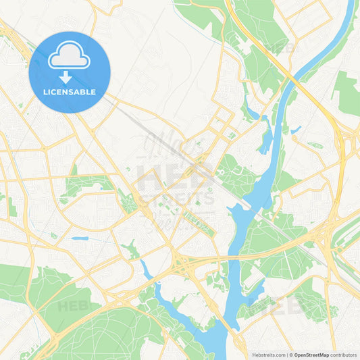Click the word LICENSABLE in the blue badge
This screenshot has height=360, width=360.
[x=70, y=91]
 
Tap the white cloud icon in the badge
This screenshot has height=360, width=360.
[x=69, y=57]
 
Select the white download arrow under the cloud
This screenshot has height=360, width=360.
[x=66, y=76]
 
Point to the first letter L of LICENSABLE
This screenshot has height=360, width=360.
[x=44, y=91]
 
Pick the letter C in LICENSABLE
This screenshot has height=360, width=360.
[x=55, y=91]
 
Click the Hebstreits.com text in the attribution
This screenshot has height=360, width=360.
[x=269, y=355]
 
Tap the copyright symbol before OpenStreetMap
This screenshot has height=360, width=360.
[x=291, y=355]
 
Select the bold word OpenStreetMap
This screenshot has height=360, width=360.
[x=311, y=355]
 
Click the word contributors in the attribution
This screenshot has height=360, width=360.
[x=344, y=355]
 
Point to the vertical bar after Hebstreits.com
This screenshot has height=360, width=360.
[x=286, y=355]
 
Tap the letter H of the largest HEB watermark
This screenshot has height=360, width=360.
[x=149, y=177]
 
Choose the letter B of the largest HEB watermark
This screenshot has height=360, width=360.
[x=202, y=177]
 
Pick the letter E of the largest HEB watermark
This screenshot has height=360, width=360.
[x=176, y=177]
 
